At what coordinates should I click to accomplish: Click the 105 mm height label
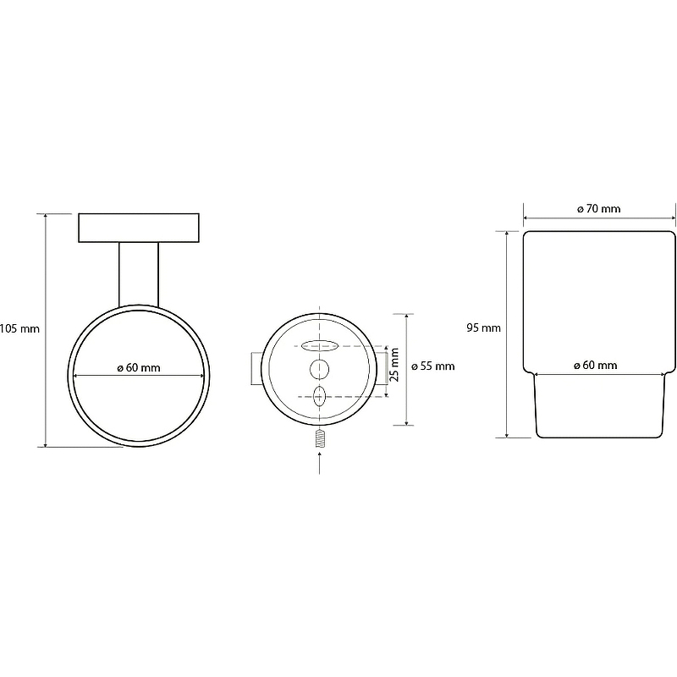coord(19,329)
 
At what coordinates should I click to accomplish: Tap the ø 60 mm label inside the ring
coord(139,368)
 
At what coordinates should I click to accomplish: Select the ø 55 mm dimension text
coord(433,366)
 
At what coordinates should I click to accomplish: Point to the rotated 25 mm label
coord(394,365)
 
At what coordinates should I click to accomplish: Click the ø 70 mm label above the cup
coord(599,209)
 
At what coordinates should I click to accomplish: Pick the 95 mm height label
coord(483,327)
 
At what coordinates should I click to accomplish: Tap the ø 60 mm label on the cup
coord(596,366)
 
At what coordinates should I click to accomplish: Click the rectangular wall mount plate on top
coord(139,228)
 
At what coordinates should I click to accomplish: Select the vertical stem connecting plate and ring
coord(139,274)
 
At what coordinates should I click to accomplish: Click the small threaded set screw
coord(320,438)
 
